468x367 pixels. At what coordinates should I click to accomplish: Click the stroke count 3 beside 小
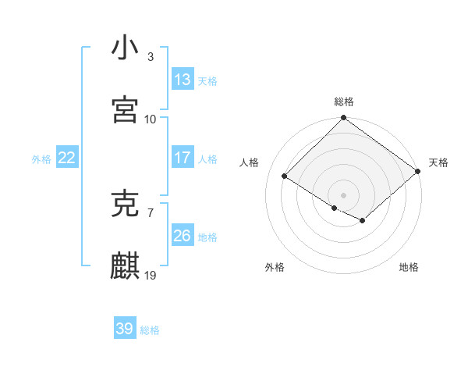click(151, 57)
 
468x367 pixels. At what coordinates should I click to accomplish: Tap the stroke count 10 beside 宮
click(151, 119)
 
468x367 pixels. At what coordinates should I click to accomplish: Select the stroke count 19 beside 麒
click(151, 276)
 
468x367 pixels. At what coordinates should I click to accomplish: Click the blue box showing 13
click(182, 80)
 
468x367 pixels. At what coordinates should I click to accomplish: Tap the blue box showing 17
click(182, 158)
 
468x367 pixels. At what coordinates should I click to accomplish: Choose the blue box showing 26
click(182, 236)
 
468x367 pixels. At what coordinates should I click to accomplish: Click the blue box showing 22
click(67, 158)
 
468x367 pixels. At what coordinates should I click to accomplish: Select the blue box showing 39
click(124, 329)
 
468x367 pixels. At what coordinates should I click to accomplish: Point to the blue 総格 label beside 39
click(150, 330)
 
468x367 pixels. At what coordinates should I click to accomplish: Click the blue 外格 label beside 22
click(41, 159)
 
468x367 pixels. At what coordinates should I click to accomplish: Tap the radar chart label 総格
click(344, 102)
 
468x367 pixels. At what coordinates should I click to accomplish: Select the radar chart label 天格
click(438, 162)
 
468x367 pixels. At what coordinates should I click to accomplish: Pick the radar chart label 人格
click(250, 162)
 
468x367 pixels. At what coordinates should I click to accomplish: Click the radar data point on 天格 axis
click(418, 172)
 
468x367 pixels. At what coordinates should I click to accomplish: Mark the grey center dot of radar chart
click(343, 194)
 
